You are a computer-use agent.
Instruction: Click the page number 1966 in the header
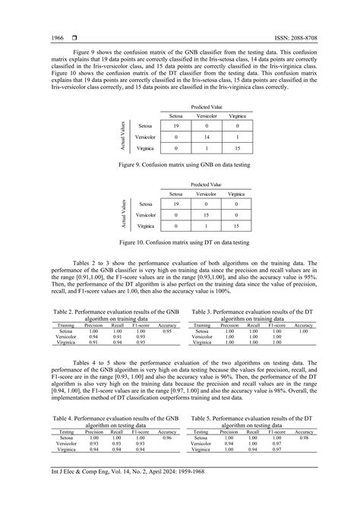(x=36, y=37)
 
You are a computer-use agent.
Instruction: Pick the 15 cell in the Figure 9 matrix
(x=237, y=149)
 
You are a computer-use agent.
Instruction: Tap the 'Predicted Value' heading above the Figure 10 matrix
(x=206, y=184)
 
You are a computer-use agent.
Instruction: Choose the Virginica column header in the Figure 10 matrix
(x=237, y=194)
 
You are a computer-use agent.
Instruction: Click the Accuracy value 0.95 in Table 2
(x=166, y=331)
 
